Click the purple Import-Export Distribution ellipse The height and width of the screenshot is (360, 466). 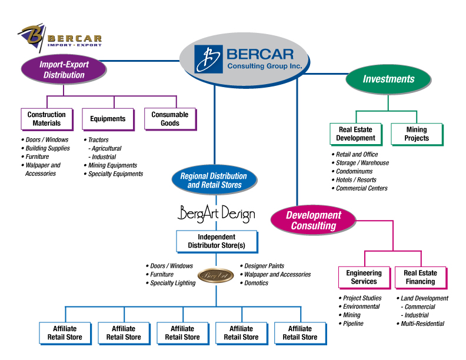(63, 69)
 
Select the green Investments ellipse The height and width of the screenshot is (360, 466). (388, 79)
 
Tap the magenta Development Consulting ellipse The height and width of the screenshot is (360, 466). (314, 220)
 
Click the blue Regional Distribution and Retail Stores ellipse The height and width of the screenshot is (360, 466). (214, 181)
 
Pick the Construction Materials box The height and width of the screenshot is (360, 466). (46, 119)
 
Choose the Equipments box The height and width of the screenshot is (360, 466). (108, 119)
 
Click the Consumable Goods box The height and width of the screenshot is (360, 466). (169, 119)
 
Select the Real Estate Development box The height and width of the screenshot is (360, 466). (355, 134)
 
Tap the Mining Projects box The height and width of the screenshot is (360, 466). (417, 134)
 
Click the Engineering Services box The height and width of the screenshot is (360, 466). (364, 277)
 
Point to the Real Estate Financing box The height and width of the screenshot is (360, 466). (420, 277)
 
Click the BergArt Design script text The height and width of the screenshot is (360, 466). (216, 214)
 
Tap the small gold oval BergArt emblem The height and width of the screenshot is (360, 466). (215, 275)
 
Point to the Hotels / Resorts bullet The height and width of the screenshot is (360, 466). (356, 180)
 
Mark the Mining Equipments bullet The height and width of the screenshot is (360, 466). (112, 165)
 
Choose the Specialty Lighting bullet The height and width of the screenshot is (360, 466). (172, 283)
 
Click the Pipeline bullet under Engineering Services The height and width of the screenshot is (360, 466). (353, 324)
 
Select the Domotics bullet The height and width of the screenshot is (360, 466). (256, 283)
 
